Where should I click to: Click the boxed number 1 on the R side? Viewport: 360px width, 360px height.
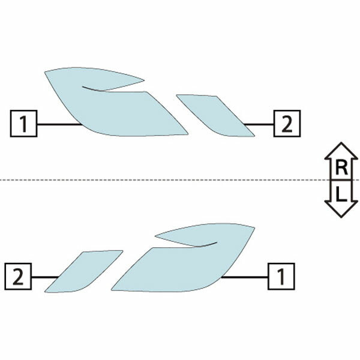pos(23,124)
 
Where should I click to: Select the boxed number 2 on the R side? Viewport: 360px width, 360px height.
pos(287,124)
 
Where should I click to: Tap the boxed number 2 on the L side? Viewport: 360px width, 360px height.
pos(18,277)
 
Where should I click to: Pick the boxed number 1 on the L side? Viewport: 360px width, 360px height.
pos(281,277)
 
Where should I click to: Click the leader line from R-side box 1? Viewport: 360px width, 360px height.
pos(59,124)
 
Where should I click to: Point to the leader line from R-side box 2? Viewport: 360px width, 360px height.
pos(259,124)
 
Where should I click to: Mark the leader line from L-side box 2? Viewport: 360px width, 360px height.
pos(45,277)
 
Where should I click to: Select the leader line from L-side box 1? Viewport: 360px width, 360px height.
pos(244,277)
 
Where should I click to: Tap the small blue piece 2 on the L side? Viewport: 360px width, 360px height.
pos(84,271)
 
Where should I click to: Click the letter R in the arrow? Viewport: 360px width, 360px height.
pos(341,167)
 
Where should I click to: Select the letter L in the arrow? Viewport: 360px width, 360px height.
pos(341,193)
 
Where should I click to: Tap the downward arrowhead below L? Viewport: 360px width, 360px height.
pos(341,209)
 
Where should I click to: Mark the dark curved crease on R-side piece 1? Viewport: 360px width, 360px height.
pos(94,89)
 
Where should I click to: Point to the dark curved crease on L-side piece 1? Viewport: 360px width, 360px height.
pos(205,245)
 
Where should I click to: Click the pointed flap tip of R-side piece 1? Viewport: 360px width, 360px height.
pos(144,80)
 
